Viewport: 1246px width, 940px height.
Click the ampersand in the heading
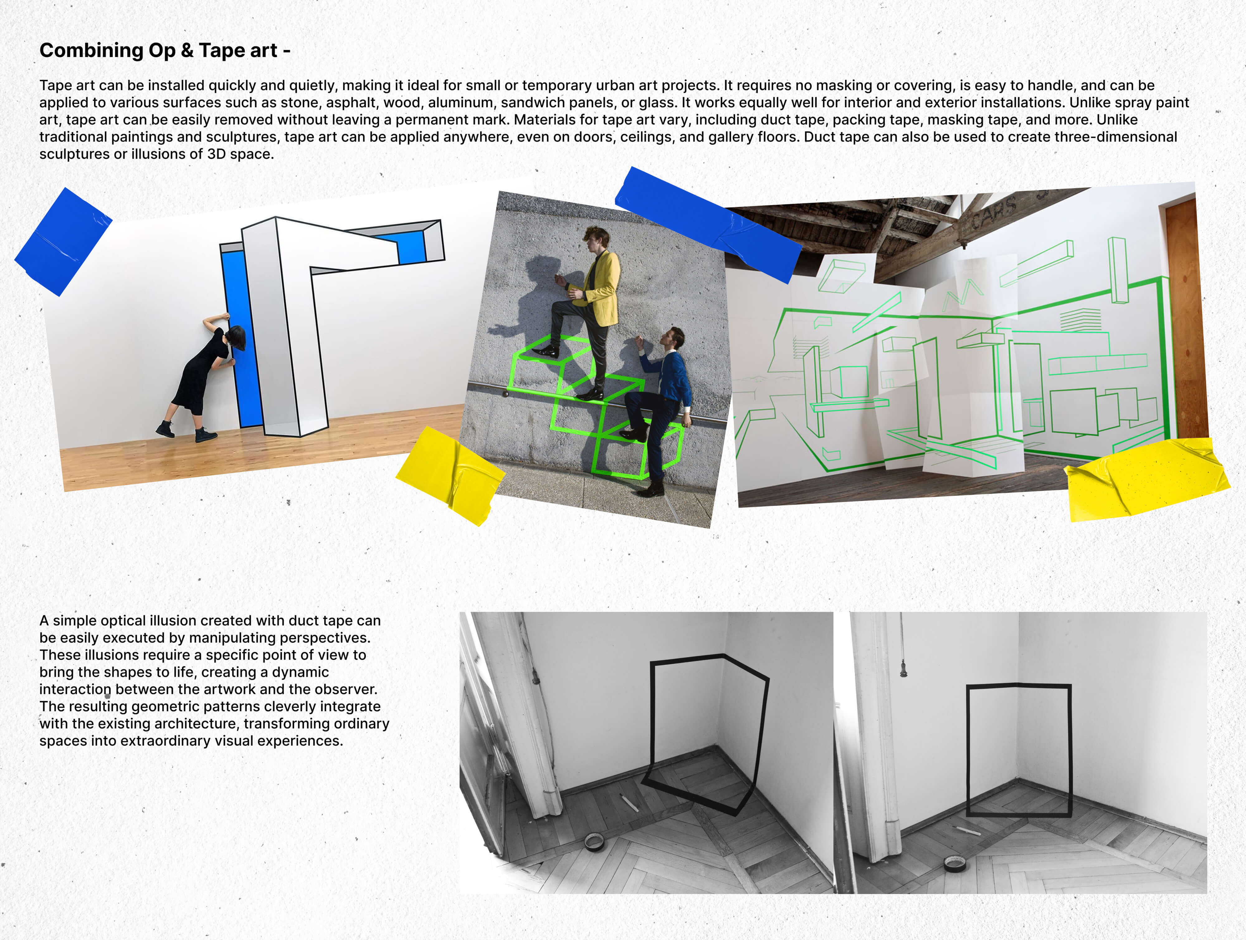coord(187,51)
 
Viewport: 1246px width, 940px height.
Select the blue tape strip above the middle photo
coord(708,224)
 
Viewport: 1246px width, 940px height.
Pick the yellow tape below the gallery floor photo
coord(451,475)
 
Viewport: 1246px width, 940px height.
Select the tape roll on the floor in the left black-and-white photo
coord(594,842)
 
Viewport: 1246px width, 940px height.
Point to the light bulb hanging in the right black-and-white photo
coord(904,668)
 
